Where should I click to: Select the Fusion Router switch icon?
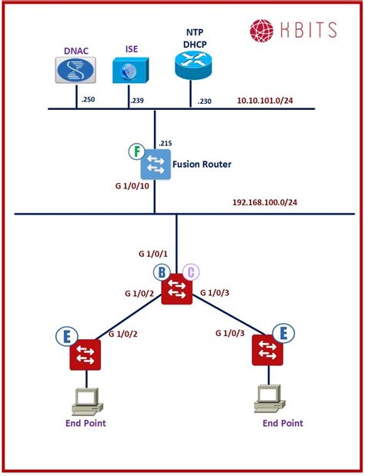(156, 164)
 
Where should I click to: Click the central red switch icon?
(176, 289)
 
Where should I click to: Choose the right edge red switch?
(267, 350)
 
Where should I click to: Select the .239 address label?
(137, 100)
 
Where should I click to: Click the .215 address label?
(166, 143)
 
